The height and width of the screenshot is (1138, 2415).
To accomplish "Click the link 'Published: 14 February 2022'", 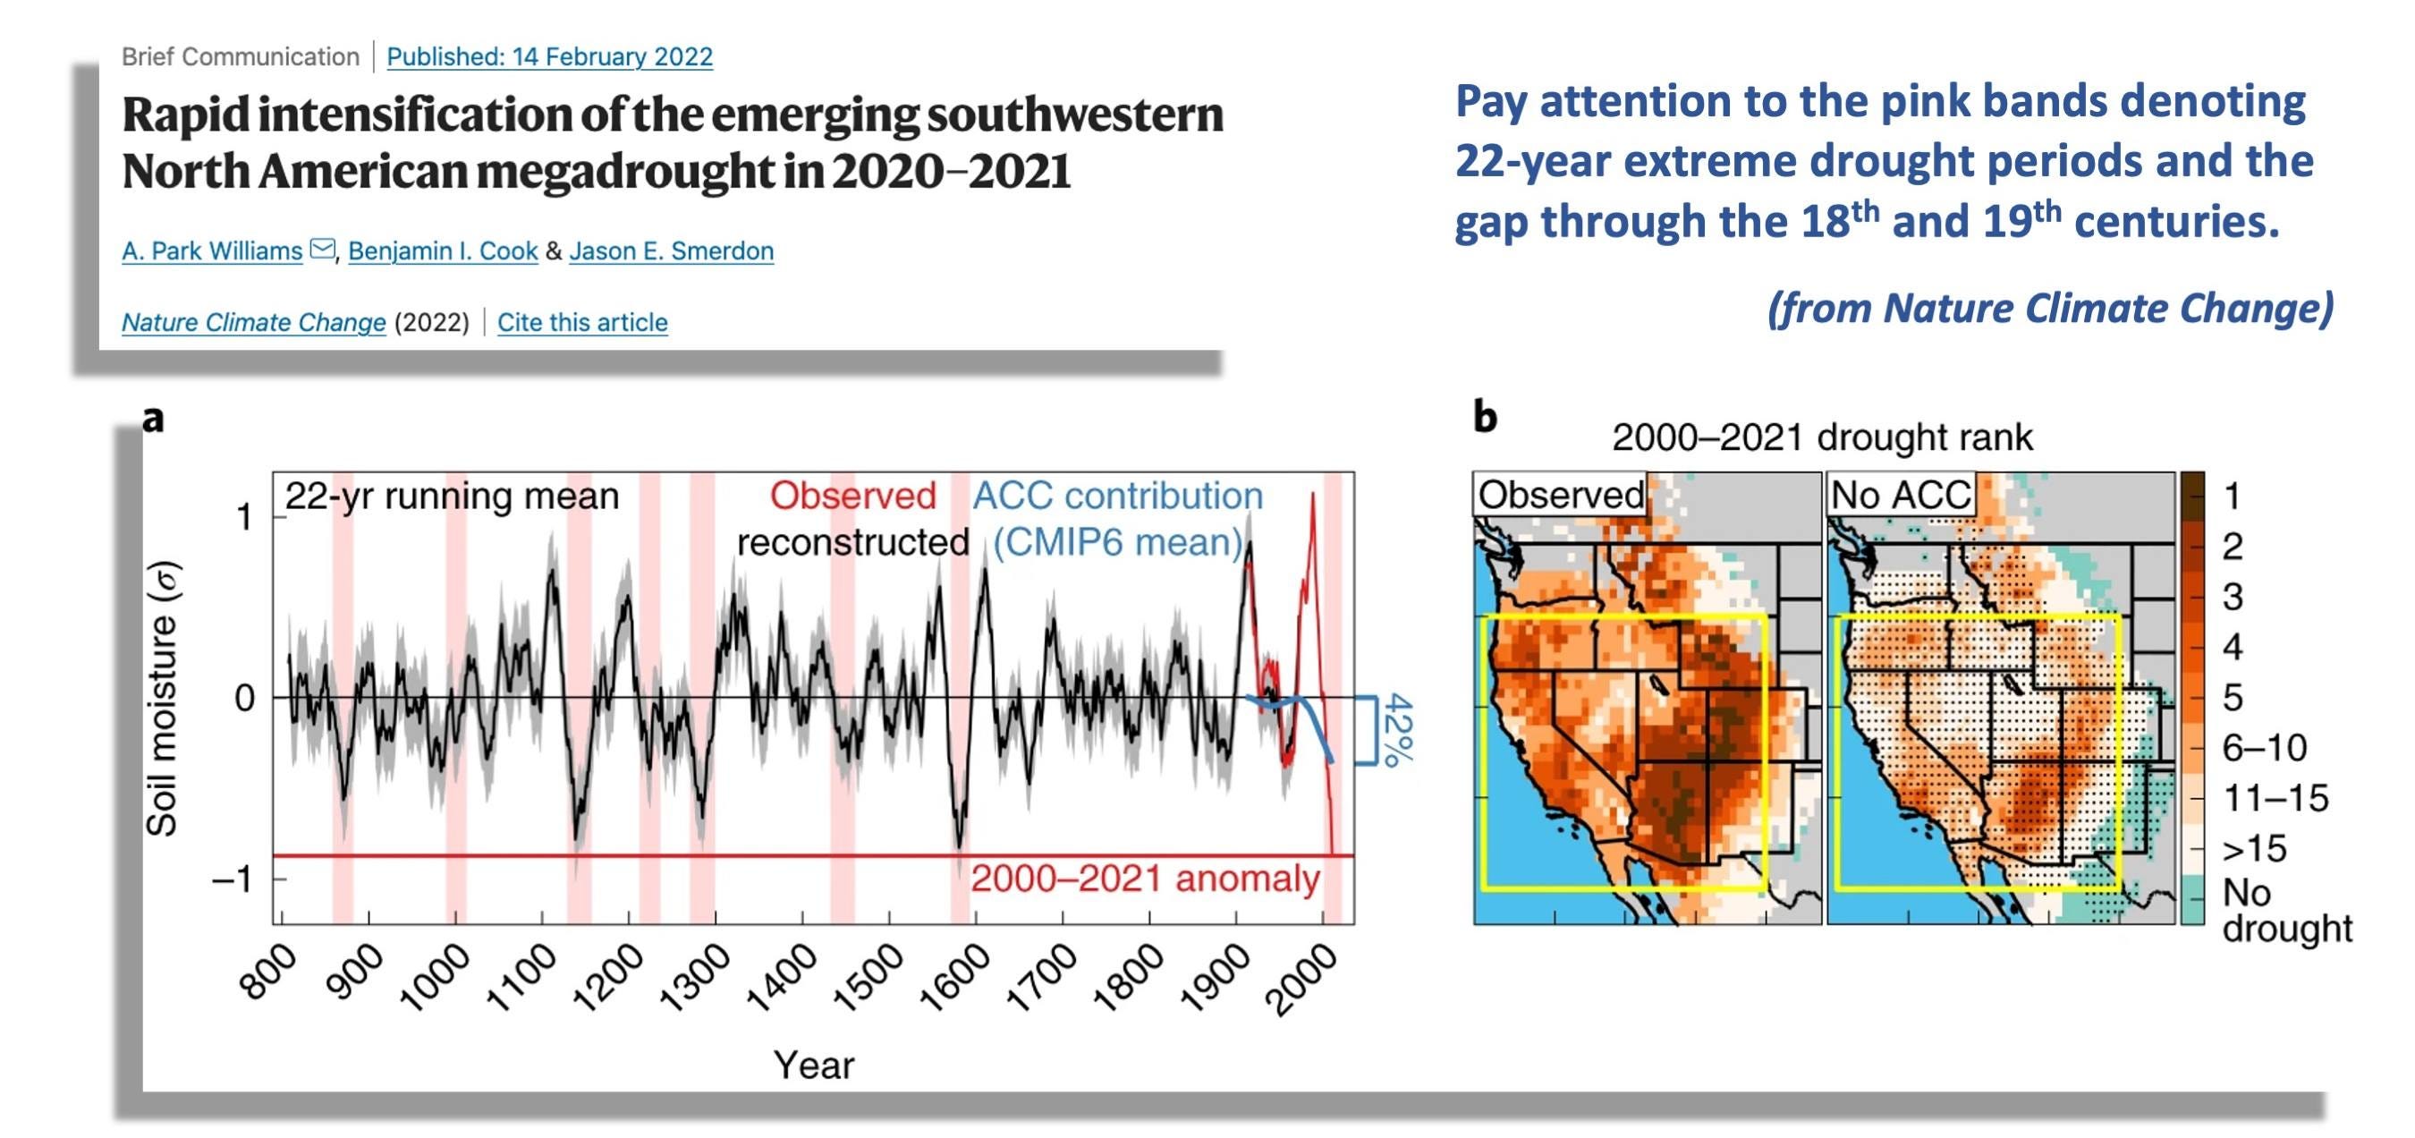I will [x=549, y=56].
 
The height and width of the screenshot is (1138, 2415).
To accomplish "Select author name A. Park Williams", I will [x=212, y=251].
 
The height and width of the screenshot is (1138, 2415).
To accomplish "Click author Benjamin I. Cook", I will [x=443, y=251].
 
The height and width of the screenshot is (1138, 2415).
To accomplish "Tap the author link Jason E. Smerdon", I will [x=671, y=251].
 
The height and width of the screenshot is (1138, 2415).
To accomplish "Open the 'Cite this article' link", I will [x=582, y=322].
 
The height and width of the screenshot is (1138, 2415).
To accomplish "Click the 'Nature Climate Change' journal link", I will [x=253, y=322].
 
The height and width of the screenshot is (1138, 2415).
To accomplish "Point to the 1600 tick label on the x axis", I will [x=954, y=979].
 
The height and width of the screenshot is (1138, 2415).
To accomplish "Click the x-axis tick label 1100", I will [x=521, y=979].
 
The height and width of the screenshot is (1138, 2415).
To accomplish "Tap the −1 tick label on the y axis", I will [x=234, y=880].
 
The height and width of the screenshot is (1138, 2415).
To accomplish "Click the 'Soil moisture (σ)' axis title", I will [x=162, y=699].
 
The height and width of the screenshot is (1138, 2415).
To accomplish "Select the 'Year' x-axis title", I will [x=813, y=1066].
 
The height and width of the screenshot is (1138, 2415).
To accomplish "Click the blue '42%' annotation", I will [x=1398, y=729].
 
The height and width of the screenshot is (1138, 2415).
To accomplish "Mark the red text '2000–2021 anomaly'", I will [x=1145, y=879].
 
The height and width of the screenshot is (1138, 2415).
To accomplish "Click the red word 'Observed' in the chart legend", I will [x=852, y=496].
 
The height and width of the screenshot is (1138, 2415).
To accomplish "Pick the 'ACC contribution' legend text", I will [x=1117, y=496].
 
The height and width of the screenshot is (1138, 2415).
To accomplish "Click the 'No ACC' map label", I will [x=1901, y=495].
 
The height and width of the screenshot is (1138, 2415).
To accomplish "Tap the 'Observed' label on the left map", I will [x=1560, y=495].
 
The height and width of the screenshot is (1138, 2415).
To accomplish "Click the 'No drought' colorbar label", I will [x=2285, y=909].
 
